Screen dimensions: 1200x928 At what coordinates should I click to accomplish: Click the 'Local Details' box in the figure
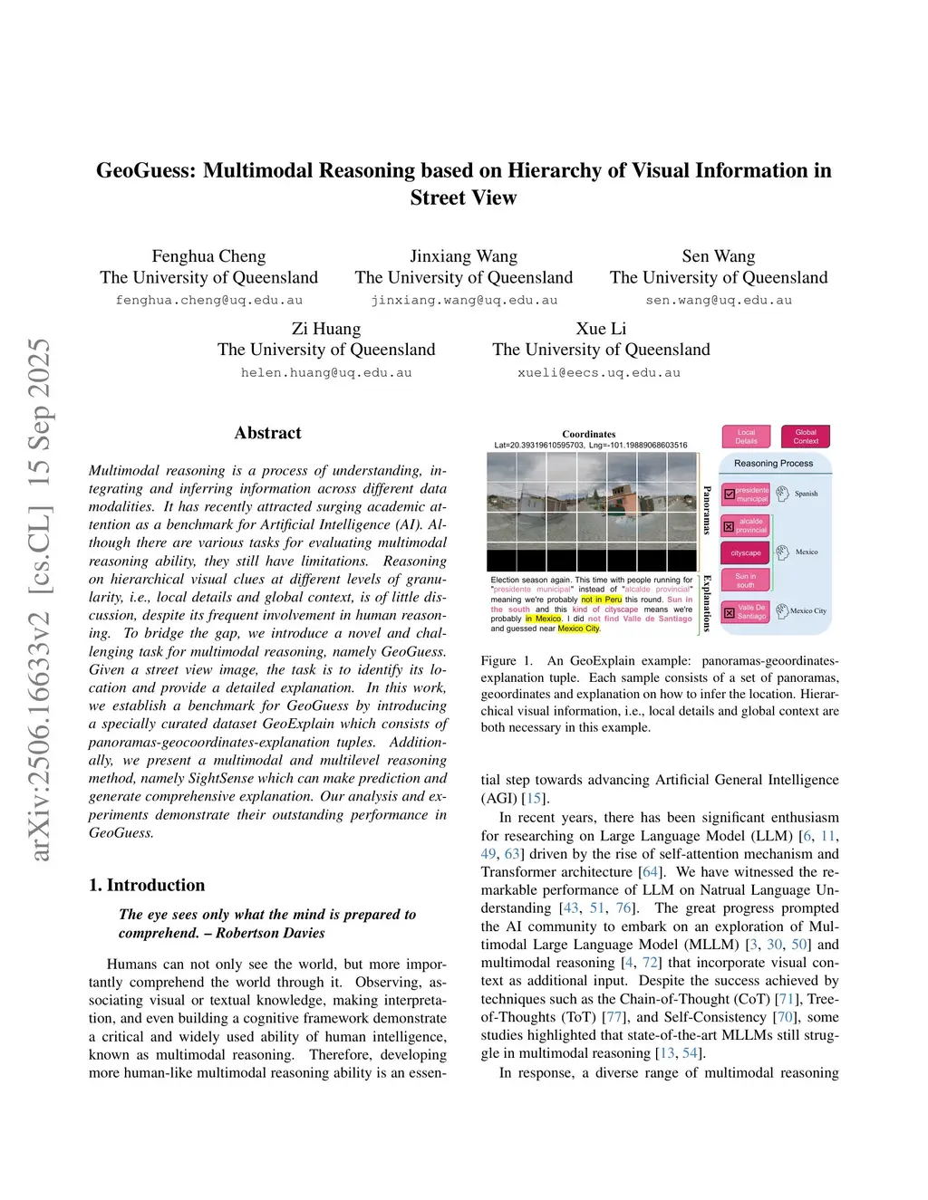(x=746, y=437)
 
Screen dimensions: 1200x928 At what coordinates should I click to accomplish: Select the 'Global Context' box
(x=805, y=437)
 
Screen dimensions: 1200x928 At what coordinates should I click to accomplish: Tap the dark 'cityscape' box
(x=746, y=552)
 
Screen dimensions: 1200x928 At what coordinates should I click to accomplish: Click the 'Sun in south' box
(x=745, y=581)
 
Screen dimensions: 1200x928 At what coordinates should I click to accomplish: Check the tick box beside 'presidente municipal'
(x=730, y=494)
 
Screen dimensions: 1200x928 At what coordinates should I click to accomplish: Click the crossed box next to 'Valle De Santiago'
(x=730, y=612)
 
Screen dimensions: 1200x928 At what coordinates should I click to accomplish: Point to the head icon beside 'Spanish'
(x=783, y=494)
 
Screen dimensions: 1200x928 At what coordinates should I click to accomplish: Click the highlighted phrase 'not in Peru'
(x=601, y=600)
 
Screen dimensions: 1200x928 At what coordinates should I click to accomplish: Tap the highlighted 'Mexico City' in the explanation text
(x=578, y=629)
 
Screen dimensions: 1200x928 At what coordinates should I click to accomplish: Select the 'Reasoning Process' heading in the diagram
(x=773, y=464)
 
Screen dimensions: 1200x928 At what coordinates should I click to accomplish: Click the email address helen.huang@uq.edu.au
(x=326, y=372)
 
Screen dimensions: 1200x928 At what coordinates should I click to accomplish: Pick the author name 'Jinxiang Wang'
(x=463, y=256)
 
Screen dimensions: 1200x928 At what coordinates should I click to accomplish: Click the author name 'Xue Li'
(x=601, y=329)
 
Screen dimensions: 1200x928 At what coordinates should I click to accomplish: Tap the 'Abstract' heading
(x=267, y=433)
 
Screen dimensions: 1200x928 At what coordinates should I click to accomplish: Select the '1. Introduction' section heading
(x=147, y=885)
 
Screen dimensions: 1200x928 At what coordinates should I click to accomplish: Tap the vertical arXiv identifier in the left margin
(x=40, y=598)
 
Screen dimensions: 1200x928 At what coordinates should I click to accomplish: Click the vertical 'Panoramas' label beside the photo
(x=707, y=510)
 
